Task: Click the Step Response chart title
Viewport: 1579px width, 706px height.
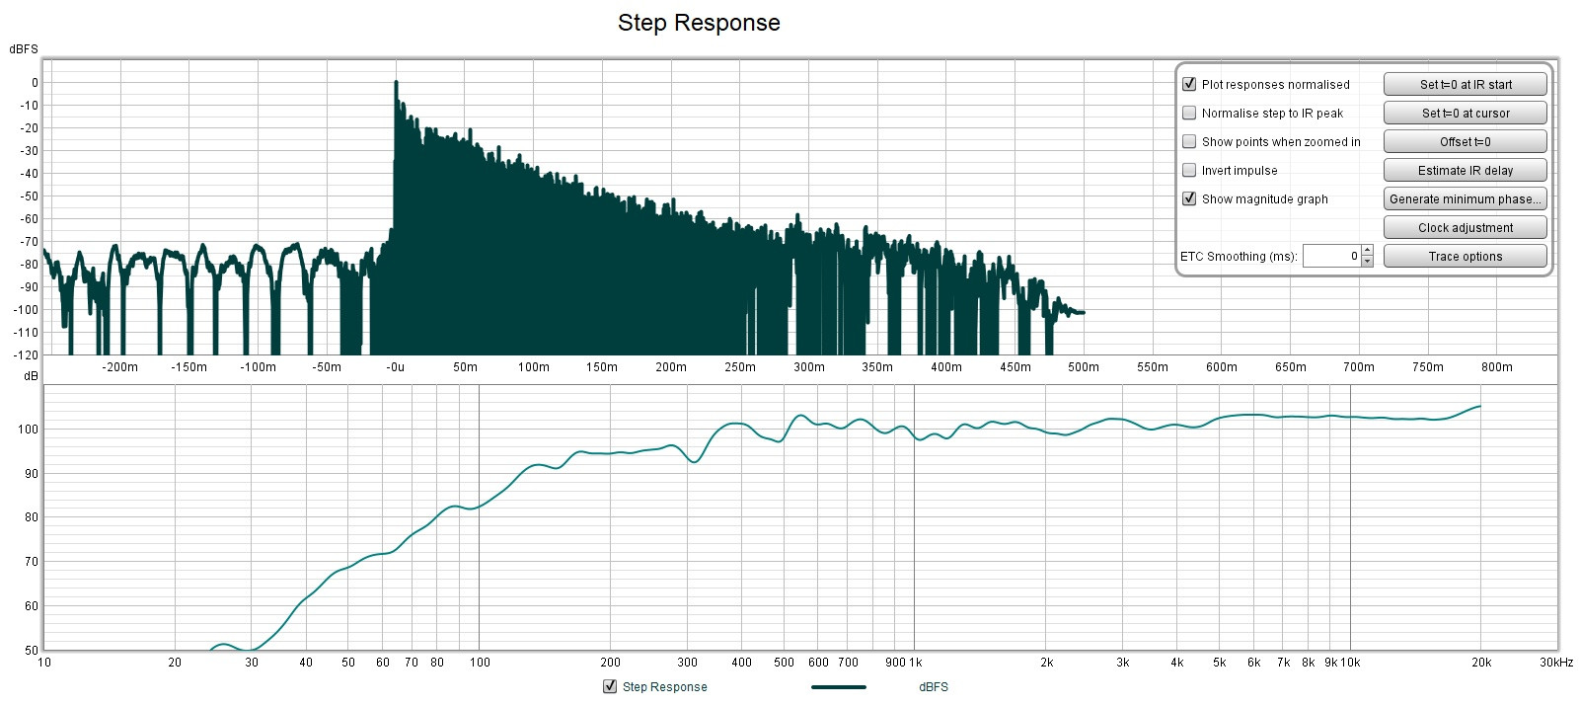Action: [x=699, y=23]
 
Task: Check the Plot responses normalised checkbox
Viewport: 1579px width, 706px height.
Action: [x=1189, y=84]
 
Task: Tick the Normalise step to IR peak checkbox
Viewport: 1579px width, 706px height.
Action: [x=1189, y=113]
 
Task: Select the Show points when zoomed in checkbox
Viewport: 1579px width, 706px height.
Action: [x=1189, y=141]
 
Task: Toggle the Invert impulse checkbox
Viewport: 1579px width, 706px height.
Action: [x=1189, y=170]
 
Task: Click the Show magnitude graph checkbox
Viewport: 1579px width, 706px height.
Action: [x=1189, y=198]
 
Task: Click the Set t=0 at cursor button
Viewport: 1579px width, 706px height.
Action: [x=1465, y=113]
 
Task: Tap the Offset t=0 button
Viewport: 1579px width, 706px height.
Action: [x=1465, y=141]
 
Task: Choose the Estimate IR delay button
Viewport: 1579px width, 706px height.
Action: [x=1465, y=170]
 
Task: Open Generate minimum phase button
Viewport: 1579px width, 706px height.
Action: [x=1465, y=198]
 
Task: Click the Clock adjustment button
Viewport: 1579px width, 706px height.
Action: [x=1465, y=227]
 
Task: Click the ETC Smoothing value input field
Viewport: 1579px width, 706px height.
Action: [x=1331, y=256]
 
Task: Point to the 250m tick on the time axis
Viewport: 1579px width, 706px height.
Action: [x=739, y=367]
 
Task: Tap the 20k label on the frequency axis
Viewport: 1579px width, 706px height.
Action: [x=1481, y=663]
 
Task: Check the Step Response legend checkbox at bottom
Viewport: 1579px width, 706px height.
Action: [x=610, y=687]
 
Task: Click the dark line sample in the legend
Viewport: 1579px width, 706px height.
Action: [x=838, y=687]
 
